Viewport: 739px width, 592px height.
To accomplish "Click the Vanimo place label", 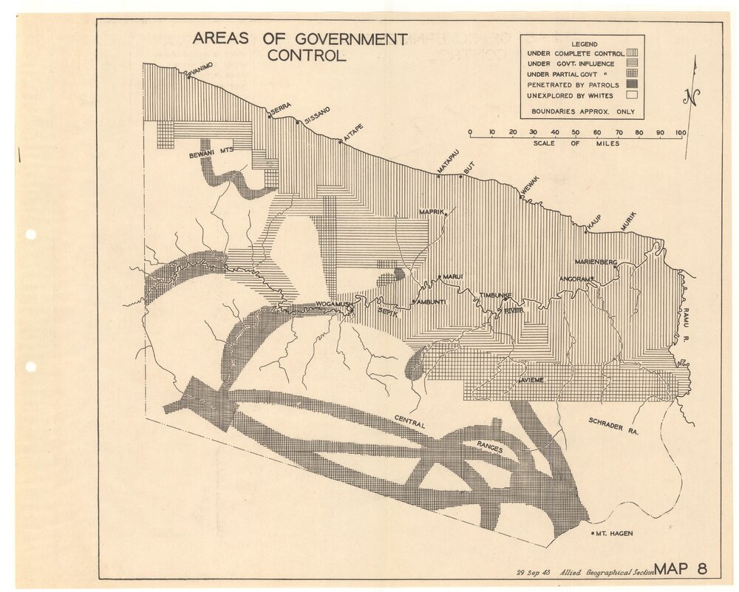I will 201,68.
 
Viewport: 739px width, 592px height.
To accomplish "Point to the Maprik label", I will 432,212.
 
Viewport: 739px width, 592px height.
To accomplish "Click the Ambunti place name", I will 429,302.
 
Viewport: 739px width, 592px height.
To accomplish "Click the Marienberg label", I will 596,262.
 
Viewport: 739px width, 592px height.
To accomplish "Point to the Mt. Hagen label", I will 615,533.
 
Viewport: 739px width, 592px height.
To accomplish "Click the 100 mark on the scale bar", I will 681,132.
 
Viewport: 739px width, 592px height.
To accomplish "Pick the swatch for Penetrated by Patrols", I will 632,85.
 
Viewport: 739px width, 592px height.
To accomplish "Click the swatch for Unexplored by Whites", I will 632,95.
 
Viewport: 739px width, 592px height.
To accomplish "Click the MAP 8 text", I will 681,568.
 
